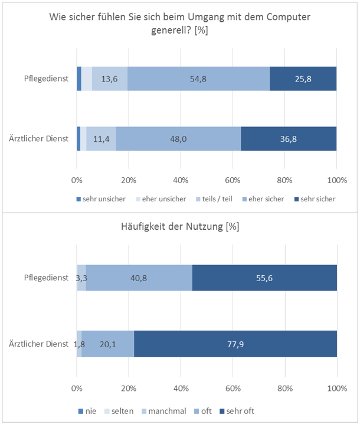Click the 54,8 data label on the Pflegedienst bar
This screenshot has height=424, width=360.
[198, 79]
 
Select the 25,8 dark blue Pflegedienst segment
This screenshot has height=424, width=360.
[303, 79]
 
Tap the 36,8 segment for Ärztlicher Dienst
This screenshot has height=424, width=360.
[289, 139]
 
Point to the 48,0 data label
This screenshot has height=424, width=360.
[179, 139]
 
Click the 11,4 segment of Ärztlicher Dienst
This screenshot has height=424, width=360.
[102, 139]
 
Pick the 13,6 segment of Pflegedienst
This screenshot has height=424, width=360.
[110, 79]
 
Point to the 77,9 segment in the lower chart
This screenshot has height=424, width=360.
[236, 344]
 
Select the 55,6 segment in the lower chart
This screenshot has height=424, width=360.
[264, 277]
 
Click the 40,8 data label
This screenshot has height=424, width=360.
[139, 277]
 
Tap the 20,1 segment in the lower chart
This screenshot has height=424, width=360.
[109, 344]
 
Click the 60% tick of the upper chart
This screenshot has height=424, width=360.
[233, 180]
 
